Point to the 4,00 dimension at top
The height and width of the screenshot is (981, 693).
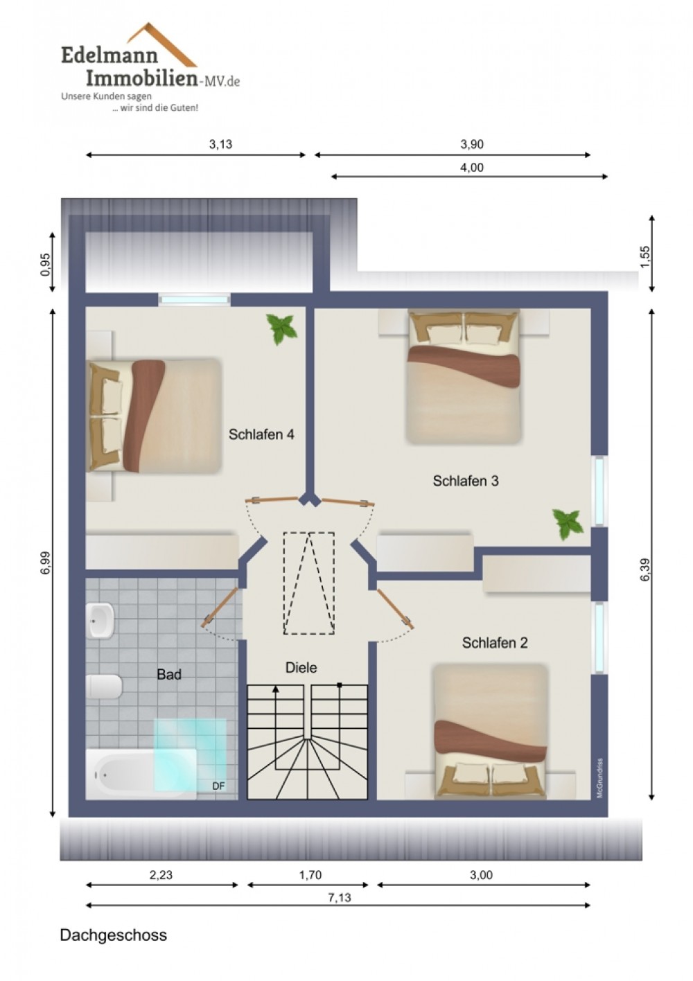click(472, 167)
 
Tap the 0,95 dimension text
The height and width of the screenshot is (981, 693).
click(45, 265)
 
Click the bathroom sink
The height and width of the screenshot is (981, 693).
click(100, 620)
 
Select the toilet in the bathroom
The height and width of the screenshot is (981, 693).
click(104, 687)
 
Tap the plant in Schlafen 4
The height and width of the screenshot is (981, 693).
click(282, 328)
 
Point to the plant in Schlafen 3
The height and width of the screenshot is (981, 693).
click(568, 524)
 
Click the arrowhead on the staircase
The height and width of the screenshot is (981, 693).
click(276, 689)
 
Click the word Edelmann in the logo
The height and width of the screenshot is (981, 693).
click(109, 56)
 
